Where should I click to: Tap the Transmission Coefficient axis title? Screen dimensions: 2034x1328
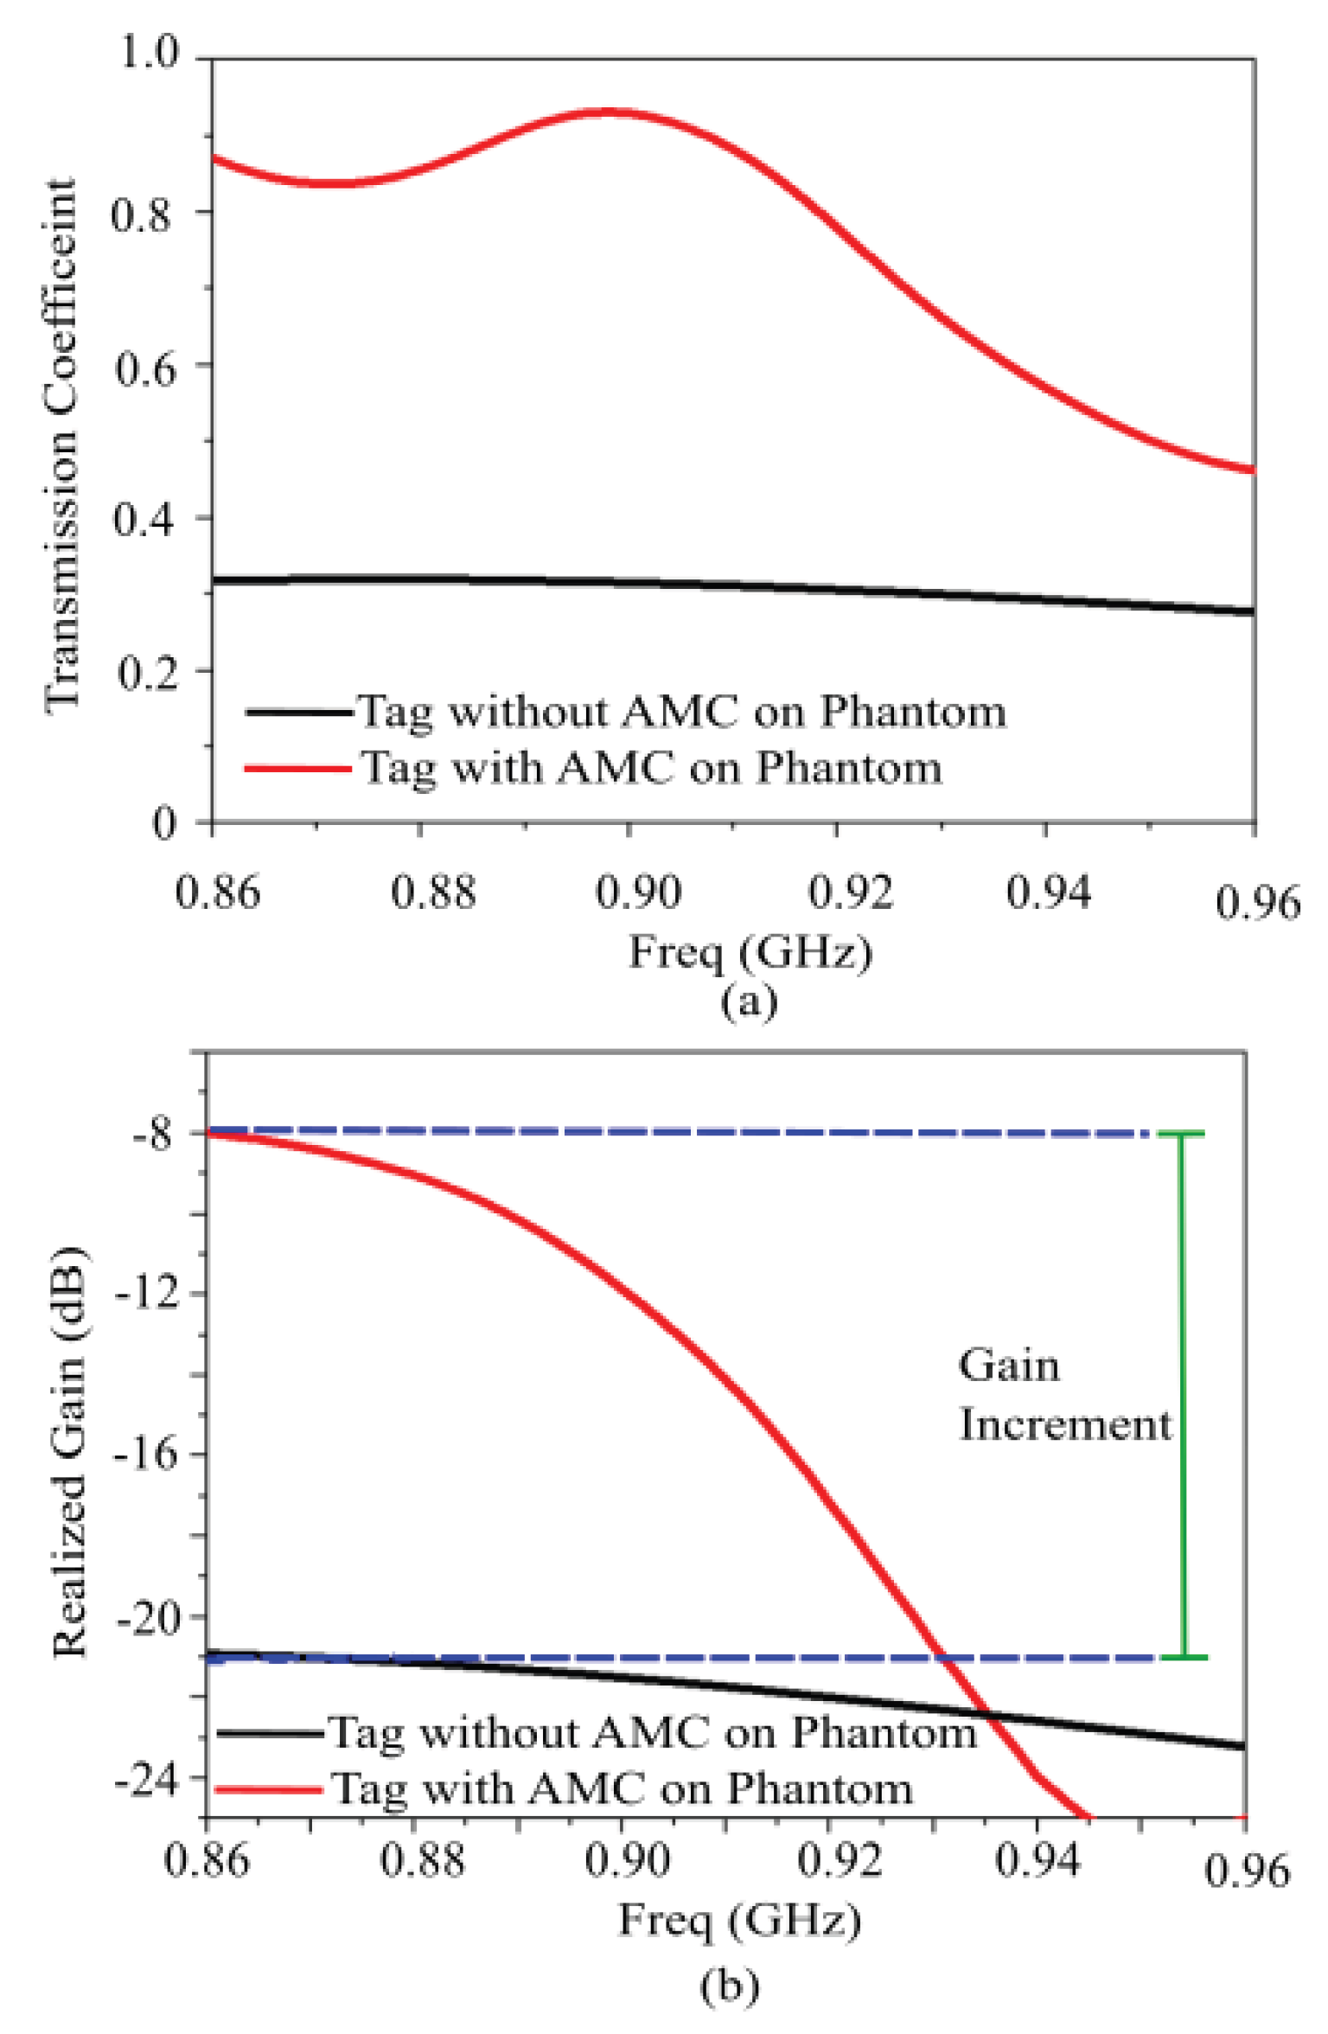(62, 446)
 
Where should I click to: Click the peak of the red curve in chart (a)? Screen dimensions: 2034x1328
(608, 112)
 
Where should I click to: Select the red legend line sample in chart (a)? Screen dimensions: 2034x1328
(298, 768)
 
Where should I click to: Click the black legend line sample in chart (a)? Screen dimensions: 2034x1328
(298, 713)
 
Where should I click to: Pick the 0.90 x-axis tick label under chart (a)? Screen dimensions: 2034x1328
(637, 892)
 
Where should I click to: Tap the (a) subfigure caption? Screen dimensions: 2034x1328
(749, 1002)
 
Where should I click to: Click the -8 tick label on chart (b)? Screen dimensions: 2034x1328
(154, 1133)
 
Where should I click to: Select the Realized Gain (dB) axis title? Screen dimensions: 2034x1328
(69, 1452)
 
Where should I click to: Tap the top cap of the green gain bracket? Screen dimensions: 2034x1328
(1181, 1134)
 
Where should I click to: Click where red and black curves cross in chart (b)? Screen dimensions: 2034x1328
(986, 1713)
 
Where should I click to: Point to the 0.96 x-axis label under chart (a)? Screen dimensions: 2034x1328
(1256, 903)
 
